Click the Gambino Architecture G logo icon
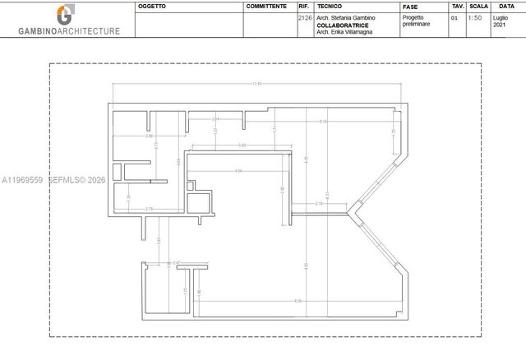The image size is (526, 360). pyautogui.click(x=64, y=15)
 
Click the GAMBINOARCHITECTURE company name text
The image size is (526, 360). pyautogui.click(x=69, y=31)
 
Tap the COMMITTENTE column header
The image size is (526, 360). pyautogui.click(x=267, y=6)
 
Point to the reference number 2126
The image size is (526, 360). pyautogui.click(x=304, y=17)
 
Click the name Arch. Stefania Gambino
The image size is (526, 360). pyautogui.click(x=346, y=17)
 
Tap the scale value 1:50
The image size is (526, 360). pyautogui.click(x=475, y=17)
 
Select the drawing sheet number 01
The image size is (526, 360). pyautogui.click(x=456, y=17)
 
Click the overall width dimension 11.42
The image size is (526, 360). pyautogui.click(x=257, y=84)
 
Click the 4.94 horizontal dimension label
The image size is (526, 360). pyautogui.click(x=238, y=170)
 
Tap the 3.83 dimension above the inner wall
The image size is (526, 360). pyautogui.click(x=242, y=145)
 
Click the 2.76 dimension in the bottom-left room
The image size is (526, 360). pyautogui.click(x=149, y=209)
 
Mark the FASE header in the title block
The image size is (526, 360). pyautogui.click(x=409, y=6)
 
